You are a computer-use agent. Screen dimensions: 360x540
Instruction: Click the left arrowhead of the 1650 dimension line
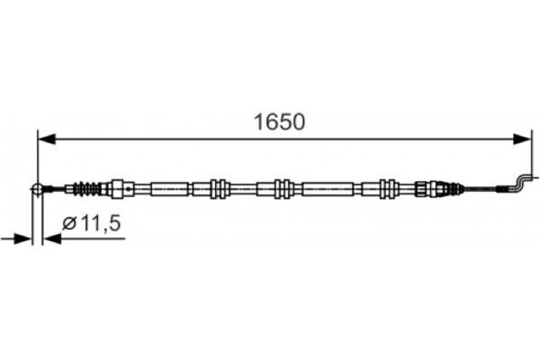(x=43, y=139)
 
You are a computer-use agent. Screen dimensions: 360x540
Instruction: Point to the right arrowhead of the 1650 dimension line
(x=524, y=139)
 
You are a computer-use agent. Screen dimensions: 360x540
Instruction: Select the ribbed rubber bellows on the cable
(x=88, y=189)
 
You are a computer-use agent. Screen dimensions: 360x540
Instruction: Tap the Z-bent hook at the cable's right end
(x=519, y=183)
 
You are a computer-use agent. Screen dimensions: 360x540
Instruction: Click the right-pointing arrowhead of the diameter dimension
(x=24, y=238)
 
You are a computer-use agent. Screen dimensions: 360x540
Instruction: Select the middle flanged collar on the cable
(x=281, y=189)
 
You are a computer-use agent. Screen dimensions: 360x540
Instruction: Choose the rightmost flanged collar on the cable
(x=389, y=189)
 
